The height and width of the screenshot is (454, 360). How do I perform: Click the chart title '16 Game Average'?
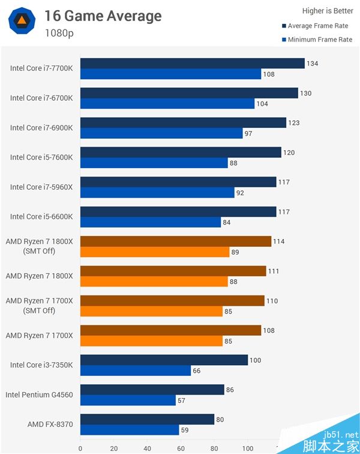(x=103, y=16)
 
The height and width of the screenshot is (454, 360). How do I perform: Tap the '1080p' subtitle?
(x=59, y=33)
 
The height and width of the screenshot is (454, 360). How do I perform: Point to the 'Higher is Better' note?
(x=328, y=11)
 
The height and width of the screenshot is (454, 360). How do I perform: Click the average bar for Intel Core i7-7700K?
(x=192, y=63)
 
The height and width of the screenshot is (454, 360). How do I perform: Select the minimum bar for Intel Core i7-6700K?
(x=167, y=103)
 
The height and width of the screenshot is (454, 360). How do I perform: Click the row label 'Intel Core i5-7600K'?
(x=41, y=157)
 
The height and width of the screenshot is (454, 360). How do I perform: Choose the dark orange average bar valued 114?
(x=175, y=241)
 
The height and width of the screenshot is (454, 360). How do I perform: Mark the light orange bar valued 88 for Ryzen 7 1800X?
(x=154, y=282)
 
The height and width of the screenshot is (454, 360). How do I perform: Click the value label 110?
(x=272, y=301)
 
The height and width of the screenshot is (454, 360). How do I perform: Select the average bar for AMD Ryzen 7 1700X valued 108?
(x=170, y=330)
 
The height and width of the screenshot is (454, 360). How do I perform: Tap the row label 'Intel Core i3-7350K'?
(x=41, y=365)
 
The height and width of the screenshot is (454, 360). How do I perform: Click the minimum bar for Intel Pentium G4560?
(x=128, y=400)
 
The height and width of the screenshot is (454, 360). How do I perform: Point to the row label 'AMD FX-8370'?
(x=50, y=424)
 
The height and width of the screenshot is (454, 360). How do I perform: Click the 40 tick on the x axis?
(x=147, y=448)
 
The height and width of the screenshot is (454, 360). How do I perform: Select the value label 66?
(x=197, y=371)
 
